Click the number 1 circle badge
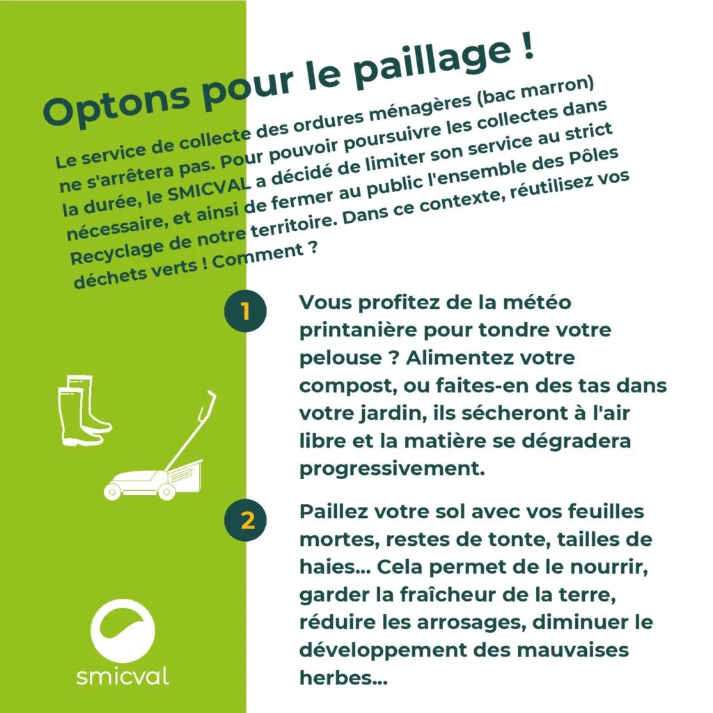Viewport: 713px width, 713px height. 246,311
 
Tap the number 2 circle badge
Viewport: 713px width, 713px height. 246,519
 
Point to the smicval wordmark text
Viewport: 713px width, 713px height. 123,676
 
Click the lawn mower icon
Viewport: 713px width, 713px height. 159,446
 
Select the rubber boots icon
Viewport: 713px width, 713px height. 84,411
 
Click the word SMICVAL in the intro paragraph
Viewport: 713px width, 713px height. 209,188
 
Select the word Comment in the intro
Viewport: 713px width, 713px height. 258,257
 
